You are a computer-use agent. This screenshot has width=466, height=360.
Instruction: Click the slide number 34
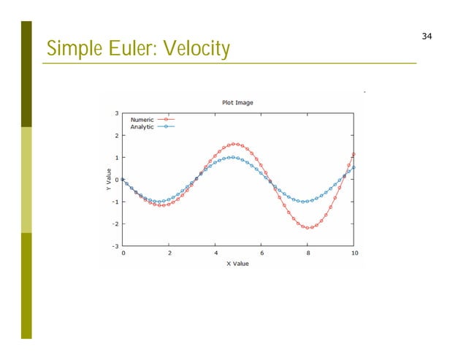427,37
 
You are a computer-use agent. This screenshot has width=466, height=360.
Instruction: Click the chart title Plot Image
237,102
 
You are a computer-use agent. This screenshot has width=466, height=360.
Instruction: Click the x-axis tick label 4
215,253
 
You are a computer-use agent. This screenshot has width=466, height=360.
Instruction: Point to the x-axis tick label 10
354,253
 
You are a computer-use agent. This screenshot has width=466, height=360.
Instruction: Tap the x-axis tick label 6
261,253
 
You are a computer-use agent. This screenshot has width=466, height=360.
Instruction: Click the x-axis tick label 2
169,253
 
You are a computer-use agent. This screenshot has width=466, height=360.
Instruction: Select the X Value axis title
237,264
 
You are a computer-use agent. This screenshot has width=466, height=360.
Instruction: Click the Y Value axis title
106,180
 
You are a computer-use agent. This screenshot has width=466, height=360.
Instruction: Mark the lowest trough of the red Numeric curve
310,227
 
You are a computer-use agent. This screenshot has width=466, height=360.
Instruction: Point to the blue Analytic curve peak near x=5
232,157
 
